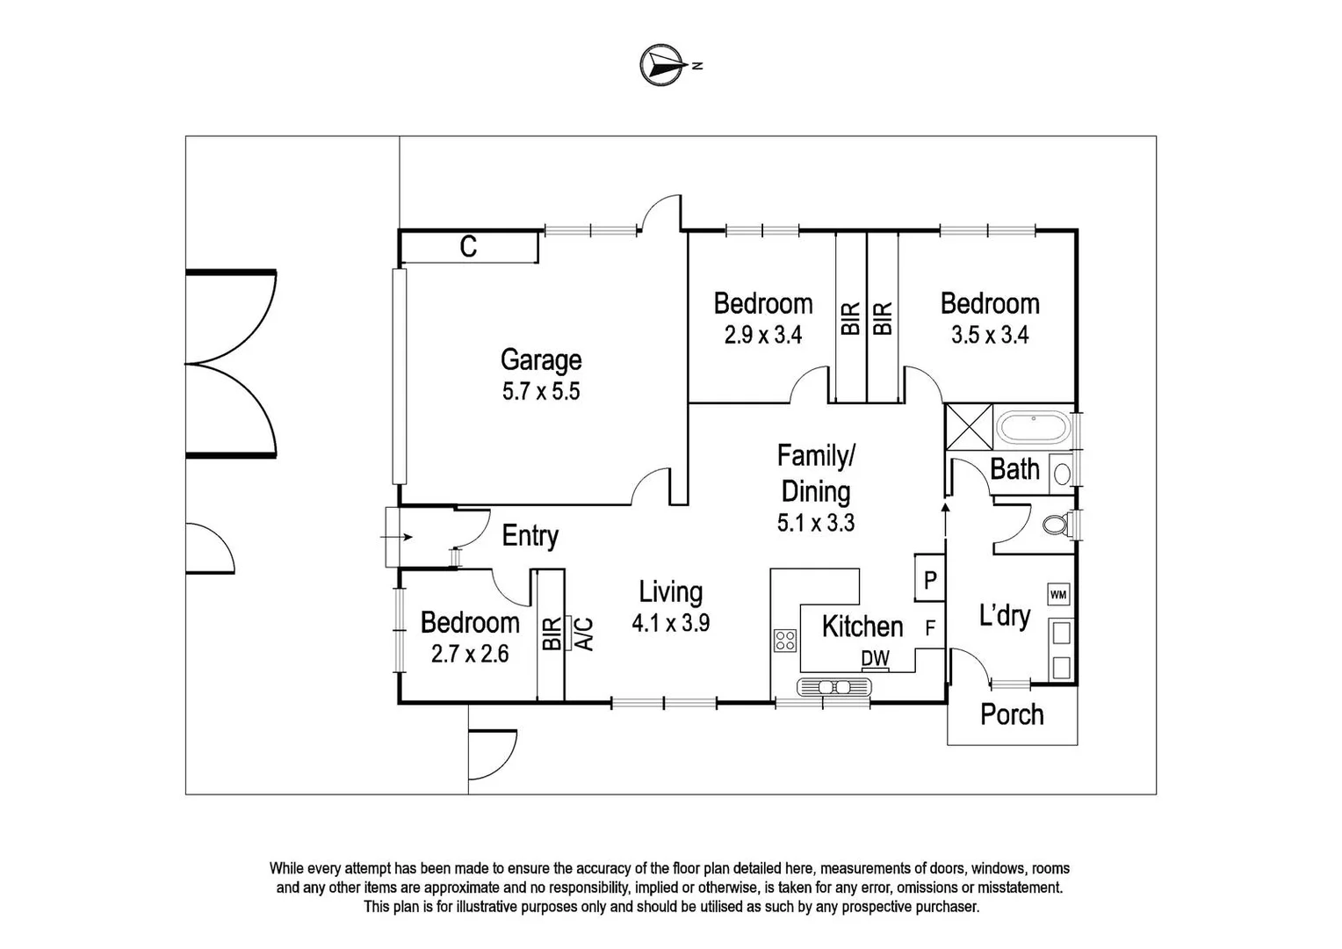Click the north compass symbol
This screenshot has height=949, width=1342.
[x=662, y=65]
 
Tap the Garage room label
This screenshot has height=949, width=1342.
[x=541, y=359]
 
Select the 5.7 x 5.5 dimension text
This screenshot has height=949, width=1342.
[x=541, y=392]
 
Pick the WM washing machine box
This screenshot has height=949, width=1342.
[x=1058, y=595]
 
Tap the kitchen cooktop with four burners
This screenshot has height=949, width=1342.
[x=785, y=641]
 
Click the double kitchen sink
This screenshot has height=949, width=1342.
[x=834, y=686]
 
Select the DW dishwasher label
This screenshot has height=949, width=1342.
[x=876, y=658]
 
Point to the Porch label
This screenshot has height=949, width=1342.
[x=1012, y=714]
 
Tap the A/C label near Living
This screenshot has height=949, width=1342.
[x=584, y=634]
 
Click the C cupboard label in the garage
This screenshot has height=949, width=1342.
[x=468, y=246]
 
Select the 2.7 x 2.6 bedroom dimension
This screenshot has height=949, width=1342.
[x=470, y=654]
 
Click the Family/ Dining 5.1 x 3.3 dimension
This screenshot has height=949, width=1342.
[x=816, y=523]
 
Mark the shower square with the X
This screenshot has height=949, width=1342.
[x=969, y=427]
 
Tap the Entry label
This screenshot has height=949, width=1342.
[x=530, y=536]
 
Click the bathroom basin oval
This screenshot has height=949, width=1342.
[x=1062, y=474]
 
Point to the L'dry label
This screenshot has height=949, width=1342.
[x=1005, y=616]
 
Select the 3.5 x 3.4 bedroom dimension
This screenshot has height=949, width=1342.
[x=990, y=335]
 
